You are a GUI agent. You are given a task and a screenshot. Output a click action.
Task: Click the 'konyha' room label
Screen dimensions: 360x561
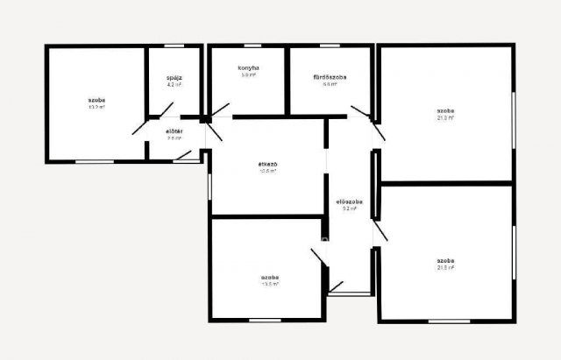(248, 67)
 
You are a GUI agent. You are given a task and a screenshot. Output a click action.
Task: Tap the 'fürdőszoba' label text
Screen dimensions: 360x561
(330, 77)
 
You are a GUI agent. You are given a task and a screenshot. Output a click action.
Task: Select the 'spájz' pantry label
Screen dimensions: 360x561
(174, 78)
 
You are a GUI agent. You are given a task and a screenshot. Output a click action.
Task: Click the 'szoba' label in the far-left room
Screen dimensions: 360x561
(96, 101)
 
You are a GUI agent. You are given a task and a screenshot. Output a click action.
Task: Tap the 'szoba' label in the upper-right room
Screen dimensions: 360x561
(445, 111)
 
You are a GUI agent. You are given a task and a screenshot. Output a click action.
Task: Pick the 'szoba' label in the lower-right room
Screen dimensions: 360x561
(445, 261)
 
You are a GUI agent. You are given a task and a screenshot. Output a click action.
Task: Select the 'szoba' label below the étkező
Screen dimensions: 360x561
(269, 277)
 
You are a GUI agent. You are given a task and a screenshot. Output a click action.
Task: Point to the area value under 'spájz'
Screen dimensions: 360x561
(174, 86)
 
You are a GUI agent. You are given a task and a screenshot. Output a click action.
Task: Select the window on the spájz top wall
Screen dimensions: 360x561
(174, 46)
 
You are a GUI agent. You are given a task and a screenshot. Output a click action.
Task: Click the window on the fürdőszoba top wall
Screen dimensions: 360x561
(333, 46)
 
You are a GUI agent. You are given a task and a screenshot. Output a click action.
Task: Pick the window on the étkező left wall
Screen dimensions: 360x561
(210, 185)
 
